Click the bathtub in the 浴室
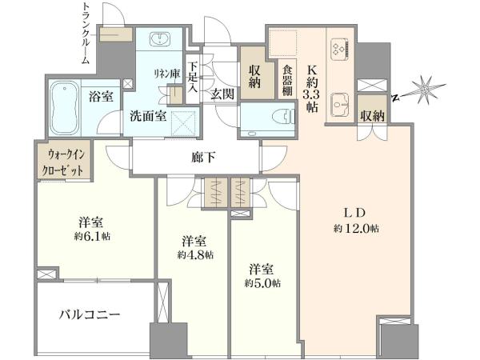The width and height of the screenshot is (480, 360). point(64,107)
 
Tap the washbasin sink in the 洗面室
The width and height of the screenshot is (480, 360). point(160,39)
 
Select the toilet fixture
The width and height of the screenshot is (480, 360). point(284,116)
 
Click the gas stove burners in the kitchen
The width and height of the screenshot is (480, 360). point(339,48)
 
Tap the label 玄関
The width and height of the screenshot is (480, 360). point(222,94)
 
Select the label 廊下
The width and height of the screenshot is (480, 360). point(203,158)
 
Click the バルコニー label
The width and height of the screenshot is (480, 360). point(90,314)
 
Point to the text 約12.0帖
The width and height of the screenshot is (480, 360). point(356,228)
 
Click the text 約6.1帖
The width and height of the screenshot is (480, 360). point(92,236)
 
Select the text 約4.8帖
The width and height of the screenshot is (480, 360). point(195,254)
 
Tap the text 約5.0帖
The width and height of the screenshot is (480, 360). point(262,283)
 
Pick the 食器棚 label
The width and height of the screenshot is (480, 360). point(287,81)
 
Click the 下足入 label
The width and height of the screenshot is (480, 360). point(192,78)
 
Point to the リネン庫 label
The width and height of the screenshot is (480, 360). point(167,74)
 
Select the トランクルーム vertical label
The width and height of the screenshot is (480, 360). point(86,33)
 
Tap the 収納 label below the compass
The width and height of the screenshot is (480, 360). point(373,116)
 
